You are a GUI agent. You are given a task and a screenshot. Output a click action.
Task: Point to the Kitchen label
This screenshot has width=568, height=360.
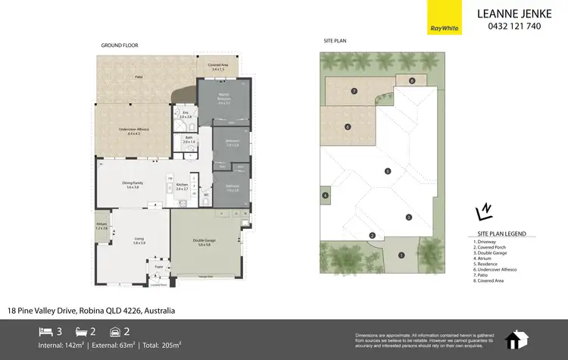[181, 186]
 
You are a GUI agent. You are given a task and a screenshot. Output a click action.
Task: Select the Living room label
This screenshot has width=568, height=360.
[139, 240]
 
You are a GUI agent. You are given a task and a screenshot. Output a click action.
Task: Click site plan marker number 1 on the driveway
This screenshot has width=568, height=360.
[401, 255]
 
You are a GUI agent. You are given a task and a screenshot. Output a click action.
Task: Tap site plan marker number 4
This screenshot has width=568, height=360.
[325, 196]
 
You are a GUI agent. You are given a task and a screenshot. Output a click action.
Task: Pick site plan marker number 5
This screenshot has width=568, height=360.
[387, 171]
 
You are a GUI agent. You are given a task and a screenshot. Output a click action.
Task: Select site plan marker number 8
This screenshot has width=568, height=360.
[412, 80]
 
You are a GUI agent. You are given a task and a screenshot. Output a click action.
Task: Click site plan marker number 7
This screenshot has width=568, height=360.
[354, 91]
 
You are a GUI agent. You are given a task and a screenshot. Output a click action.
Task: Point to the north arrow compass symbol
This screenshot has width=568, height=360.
[482, 211]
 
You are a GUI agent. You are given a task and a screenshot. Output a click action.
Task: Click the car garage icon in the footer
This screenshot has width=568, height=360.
[115, 330]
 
